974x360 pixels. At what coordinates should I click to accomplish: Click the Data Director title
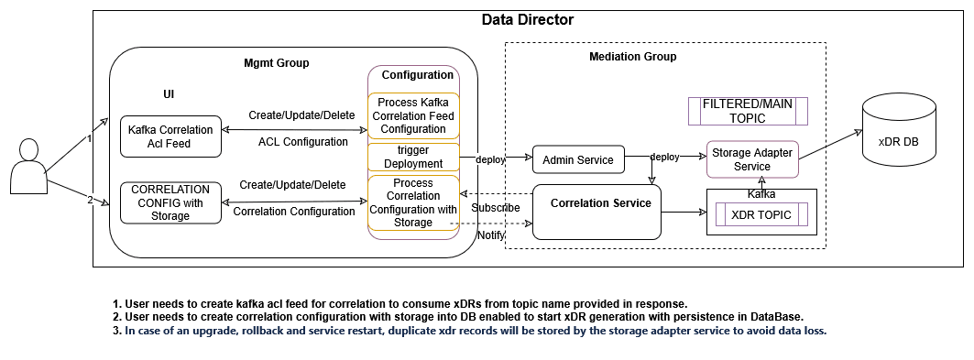pyautogui.click(x=527, y=20)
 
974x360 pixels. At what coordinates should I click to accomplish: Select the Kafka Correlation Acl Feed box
pyautogui.click(x=170, y=136)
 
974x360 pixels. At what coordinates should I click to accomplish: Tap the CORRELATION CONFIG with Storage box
pyautogui.click(x=170, y=202)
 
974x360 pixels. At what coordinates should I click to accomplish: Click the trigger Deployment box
pyautogui.click(x=413, y=157)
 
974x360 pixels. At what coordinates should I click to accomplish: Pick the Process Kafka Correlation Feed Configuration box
pyautogui.click(x=413, y=117)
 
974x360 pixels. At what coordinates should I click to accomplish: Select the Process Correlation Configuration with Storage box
pyautogui.click(x=413, y=202)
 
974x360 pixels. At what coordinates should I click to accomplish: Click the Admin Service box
pyautogui.click(x=578, y=159)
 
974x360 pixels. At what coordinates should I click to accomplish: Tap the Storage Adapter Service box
pyautogui.click(x=751, y=158)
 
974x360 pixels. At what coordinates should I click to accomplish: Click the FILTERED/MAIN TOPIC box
pyautogui.click(x=748, y=111)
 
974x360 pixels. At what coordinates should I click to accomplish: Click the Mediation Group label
pyautogui.click(x=632, y=57)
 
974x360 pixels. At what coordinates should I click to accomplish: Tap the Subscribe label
pyautogui.click(x=496, y=208)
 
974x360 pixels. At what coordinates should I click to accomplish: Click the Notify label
pyautogui.click(x=490, y=236)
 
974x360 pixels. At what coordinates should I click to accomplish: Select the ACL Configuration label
pyautogui.click(x=302, y=142)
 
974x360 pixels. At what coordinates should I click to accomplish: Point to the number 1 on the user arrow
pyautogui.click(x=89, y=139)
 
